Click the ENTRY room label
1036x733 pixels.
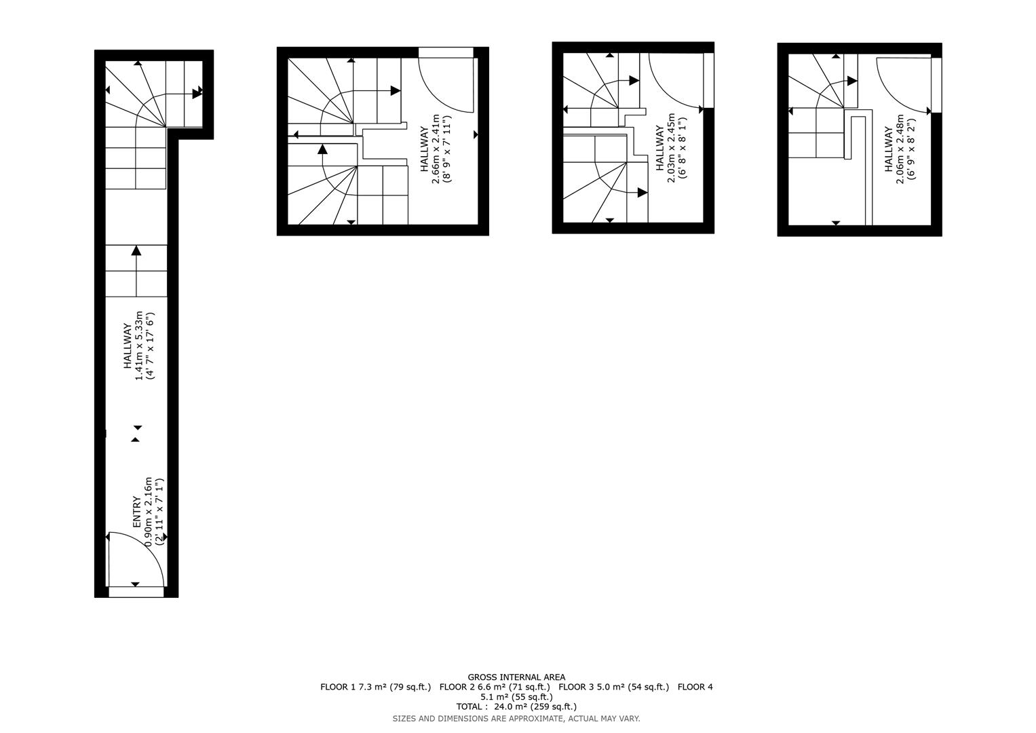(137, 511)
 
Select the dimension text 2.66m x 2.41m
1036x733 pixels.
(435, 149)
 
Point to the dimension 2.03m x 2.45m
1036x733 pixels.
(671, 148)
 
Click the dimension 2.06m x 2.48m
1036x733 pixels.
(900, 149)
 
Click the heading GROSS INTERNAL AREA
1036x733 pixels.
(516, 677)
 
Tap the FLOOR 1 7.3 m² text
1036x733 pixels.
(353, 687)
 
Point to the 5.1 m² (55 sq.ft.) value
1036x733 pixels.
(516, 697)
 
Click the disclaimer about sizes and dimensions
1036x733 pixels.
(516, 719)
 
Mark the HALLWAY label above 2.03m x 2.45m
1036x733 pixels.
(660, 148)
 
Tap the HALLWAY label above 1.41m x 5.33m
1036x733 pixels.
(127, 347)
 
